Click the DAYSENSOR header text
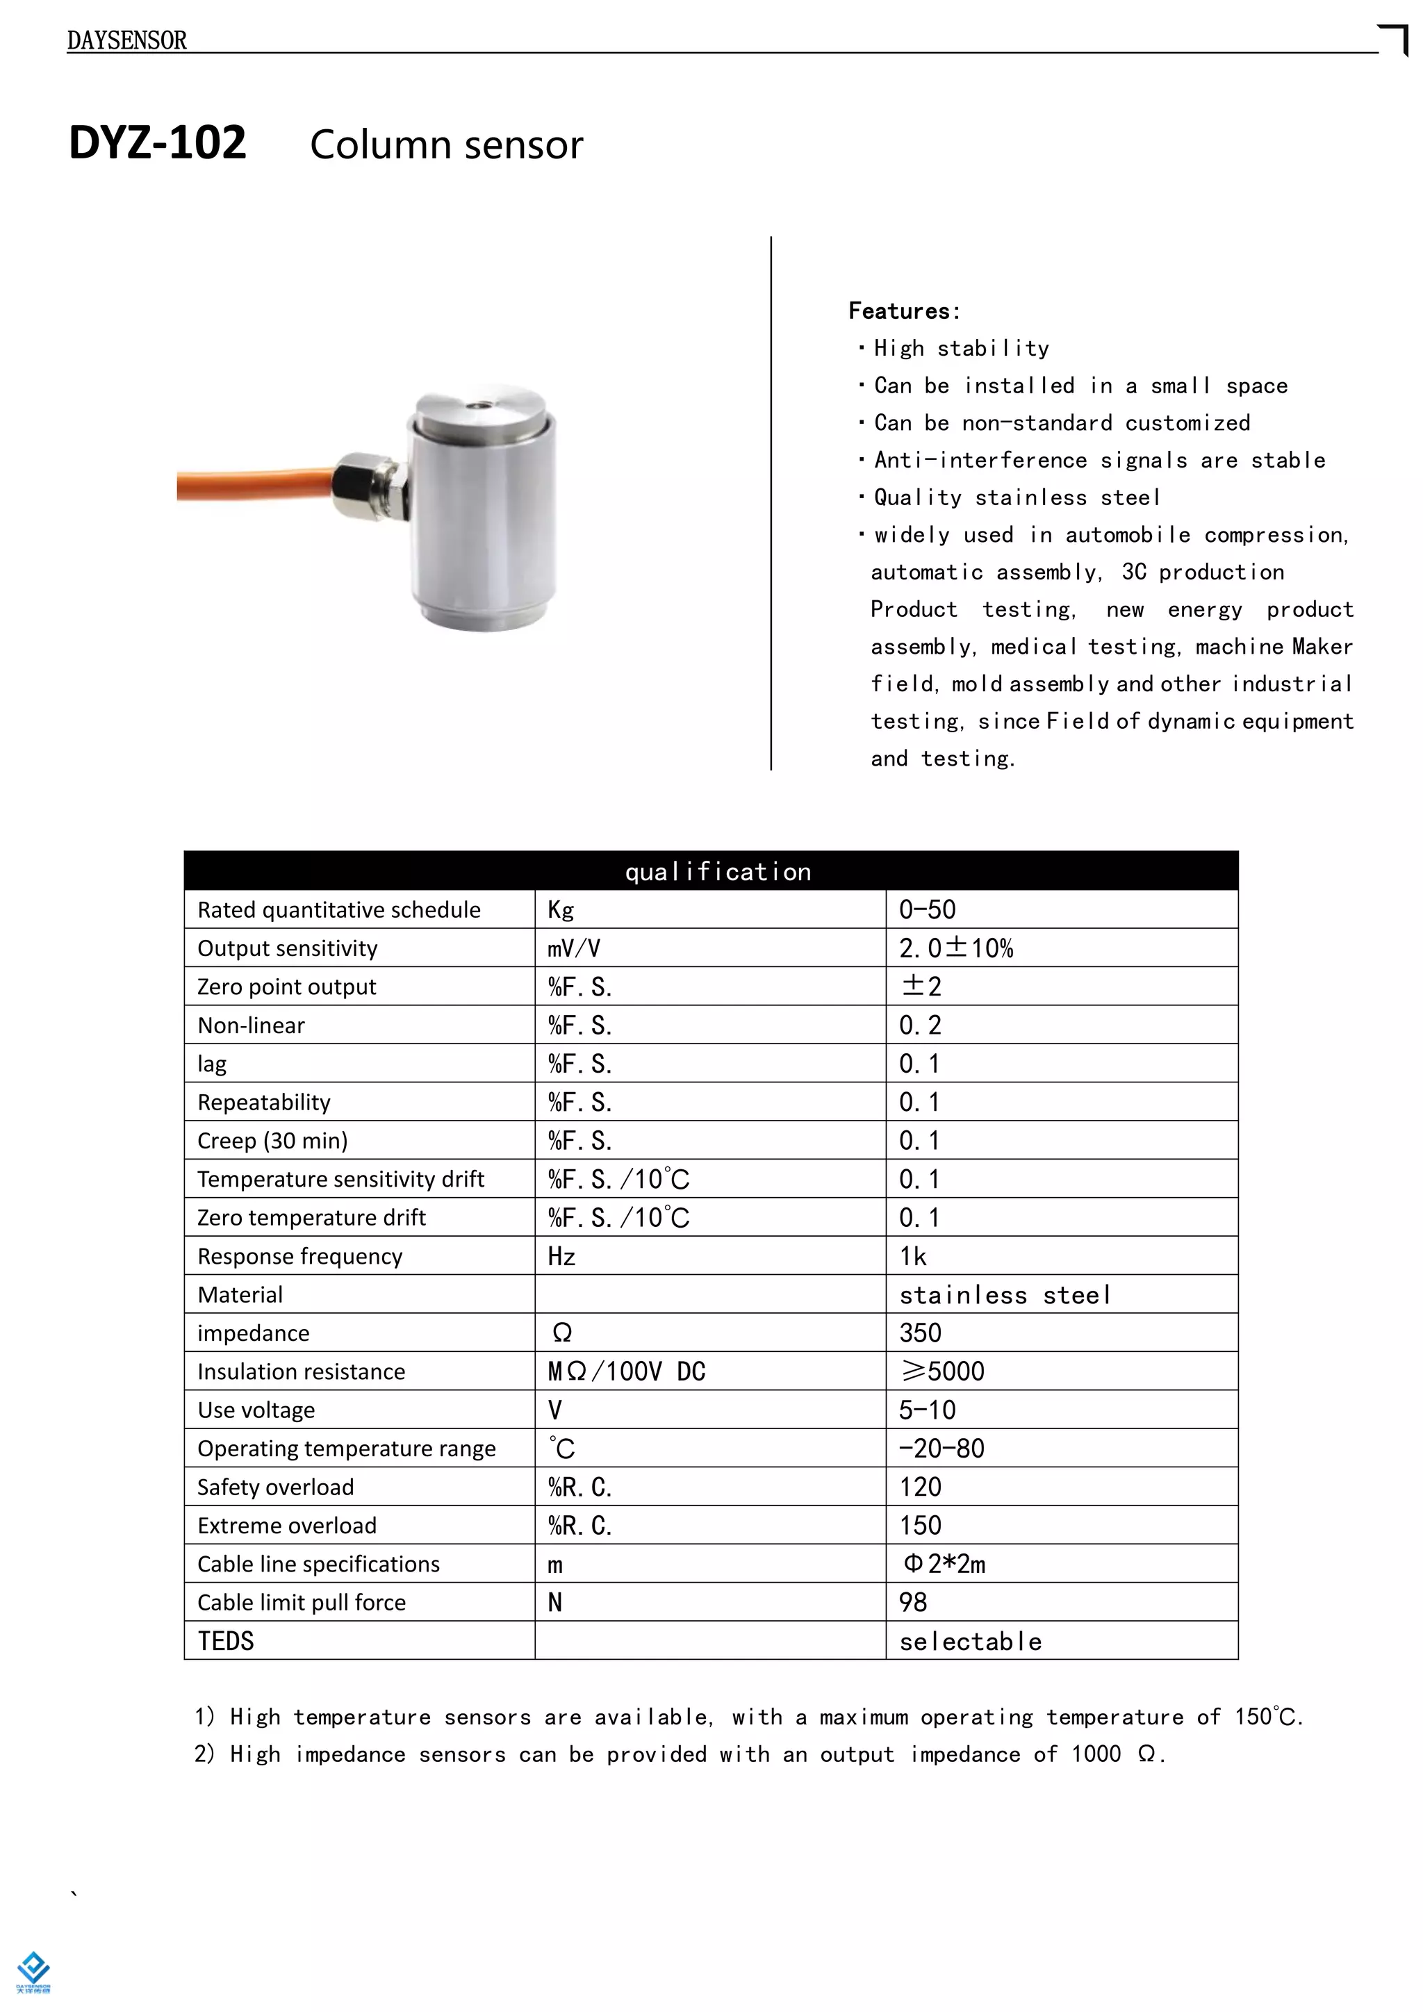(x=127, y=40)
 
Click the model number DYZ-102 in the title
(x=158, y=143)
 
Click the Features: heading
(x=903, y=311)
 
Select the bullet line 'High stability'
(x=960, y=349)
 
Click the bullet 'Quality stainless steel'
(x=1017, y=497)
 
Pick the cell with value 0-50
(x=927, y=909)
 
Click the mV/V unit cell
(x=574, y=948)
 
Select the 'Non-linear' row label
(x=252, y=1025)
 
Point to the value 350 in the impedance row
(x=920, y=1333)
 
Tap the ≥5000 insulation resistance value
(x=942, y=1371)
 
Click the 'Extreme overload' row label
(x=286, y=1526)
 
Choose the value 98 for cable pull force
(x=913, y=1603)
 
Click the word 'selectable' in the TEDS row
(x=971, y=1641)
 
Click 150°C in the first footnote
(x=1267, y=1717)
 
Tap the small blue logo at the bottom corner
(x=33, y=1969)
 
